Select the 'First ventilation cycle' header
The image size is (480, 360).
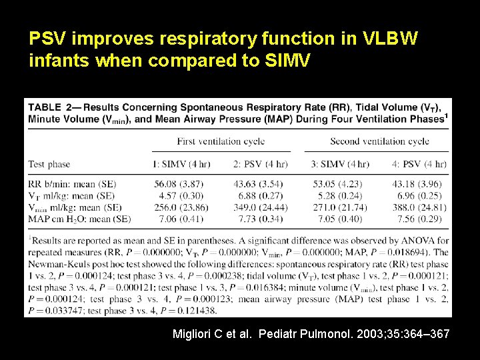(221, 141)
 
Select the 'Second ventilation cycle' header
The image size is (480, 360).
(379, 141)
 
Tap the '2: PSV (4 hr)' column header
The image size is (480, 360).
(260, 164)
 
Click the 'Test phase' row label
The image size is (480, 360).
(50, 164)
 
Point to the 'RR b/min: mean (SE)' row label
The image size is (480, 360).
(72, 184)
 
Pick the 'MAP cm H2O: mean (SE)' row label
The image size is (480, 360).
(79, 218)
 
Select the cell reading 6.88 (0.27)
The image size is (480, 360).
(260, 195)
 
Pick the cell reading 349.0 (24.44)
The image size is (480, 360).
(260, 207)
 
